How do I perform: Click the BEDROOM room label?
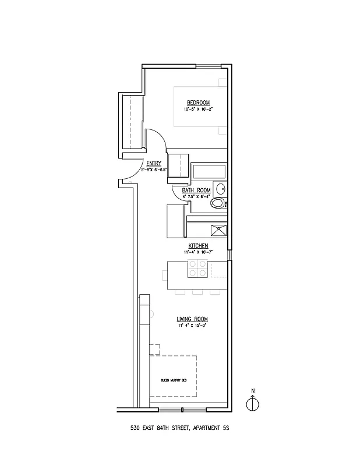(198, 103)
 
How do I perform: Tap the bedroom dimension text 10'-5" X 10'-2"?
(198, 109)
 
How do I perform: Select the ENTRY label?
(154, 163)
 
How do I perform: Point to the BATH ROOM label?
(196, 190)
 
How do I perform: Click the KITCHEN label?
(198, 246)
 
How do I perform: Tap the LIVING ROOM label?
(192, 319)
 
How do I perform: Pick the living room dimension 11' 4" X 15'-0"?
(192, 326)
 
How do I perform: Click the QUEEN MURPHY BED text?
(174, 380)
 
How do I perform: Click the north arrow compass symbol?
(252, 403)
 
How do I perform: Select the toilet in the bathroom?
(218, 203)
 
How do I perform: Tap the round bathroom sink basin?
(221, 189)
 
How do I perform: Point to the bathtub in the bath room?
(209, 171)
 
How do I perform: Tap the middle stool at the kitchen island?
(197, 291)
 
